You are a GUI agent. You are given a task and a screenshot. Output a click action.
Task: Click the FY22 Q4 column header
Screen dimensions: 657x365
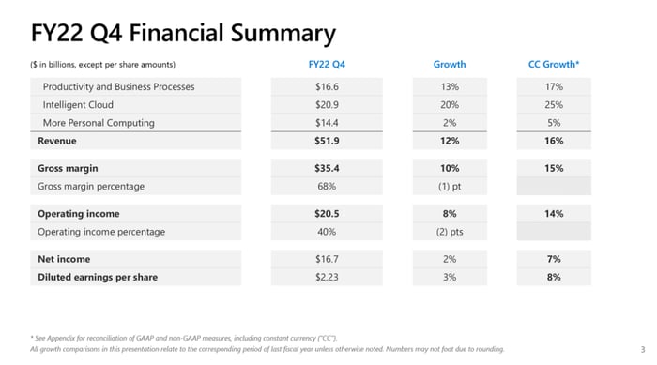(x=327, y=64)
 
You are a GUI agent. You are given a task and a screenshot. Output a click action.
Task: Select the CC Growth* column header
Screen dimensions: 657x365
(x=554, y=64)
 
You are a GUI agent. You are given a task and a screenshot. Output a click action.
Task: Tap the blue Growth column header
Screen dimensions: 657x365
(x=450, y=64)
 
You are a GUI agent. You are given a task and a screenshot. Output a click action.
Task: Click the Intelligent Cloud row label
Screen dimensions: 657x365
(x=78, y=105)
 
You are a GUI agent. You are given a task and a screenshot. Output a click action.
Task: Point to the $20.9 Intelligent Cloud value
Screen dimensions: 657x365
(x=327, y=105)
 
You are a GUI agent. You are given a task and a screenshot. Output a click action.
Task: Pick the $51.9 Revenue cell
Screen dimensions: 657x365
(x=327, y=141)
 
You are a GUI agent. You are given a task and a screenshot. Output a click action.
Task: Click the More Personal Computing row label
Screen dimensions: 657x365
(x=99, y=123)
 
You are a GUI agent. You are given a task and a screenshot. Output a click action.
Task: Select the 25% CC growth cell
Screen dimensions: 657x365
(x=554, y=105)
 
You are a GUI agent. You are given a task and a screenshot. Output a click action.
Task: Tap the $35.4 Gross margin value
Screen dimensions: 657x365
(x=327, y=168)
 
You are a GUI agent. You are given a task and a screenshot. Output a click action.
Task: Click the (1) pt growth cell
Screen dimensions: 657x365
(x=450, y=186)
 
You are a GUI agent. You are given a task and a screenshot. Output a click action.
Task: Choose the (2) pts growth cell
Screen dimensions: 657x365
(x=450, y=232)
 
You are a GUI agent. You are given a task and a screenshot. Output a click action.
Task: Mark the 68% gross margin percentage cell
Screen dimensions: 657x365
(x=327, y=186)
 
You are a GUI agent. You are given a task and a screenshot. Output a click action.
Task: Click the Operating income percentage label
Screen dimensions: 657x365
(x=101, y=232)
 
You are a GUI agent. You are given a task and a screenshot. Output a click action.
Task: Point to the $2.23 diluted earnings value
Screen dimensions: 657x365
(x=327, y=277)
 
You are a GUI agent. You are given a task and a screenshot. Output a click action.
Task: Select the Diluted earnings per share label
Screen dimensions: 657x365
(x=98, y=277)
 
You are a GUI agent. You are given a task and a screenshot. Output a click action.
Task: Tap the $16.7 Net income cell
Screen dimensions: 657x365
(x=327, y=259)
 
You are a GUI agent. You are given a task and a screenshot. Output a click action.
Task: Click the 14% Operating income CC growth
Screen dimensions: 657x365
(x=554, y=214)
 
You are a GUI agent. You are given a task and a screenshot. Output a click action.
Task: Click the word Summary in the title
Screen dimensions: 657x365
(x=283, y=34)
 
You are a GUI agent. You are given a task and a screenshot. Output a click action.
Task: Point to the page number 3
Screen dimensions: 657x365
(x=643, y=349)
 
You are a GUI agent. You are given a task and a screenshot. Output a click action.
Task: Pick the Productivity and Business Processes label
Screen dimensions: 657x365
(x=118, y=86)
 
